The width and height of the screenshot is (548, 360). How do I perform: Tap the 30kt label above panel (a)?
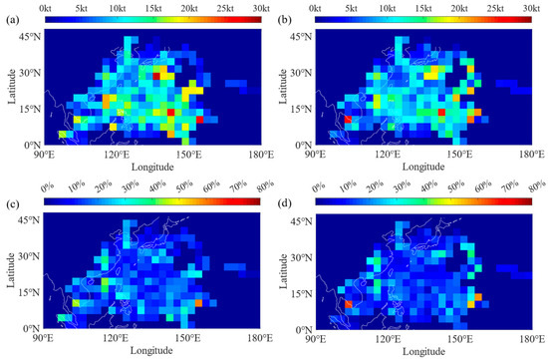(259, 8)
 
